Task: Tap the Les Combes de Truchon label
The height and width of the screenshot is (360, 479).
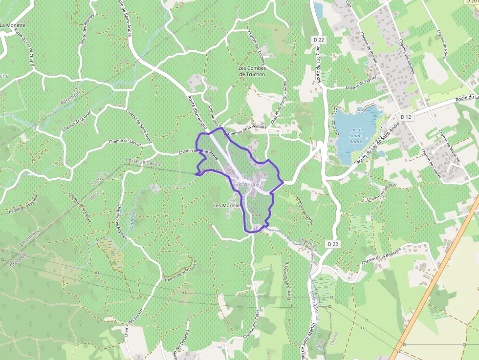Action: [x=252, y=71]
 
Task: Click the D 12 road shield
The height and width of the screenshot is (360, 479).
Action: [x=406, y=117]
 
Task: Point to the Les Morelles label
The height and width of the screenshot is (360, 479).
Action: [x=227, y=206]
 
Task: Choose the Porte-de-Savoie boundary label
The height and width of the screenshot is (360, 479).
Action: [x=143, y=161]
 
